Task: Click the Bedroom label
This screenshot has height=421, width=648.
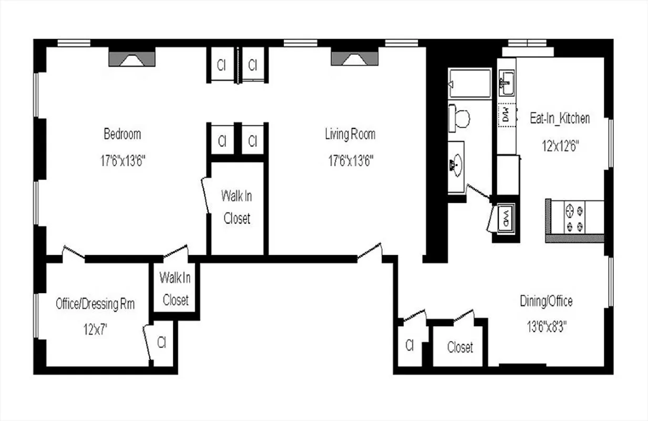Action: tap(122, 134)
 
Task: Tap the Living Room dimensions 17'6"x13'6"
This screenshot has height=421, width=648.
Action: tap(350, 161)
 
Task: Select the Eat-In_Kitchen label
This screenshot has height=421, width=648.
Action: tap(559, 118)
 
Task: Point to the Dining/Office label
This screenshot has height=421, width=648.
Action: tap(546, 302)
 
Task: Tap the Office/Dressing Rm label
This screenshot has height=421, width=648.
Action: tap(95, 304)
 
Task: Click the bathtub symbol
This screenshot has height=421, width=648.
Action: tap(469, 84)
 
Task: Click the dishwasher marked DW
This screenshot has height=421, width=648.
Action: tap(507, 114)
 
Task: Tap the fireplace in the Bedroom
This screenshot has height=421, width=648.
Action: tap(131, 58)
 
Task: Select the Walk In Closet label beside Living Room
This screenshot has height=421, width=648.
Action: tap(236, 207)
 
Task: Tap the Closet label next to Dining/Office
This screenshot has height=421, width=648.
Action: tap(460, 347)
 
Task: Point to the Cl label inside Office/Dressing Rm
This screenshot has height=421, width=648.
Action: tap(161, 342)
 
